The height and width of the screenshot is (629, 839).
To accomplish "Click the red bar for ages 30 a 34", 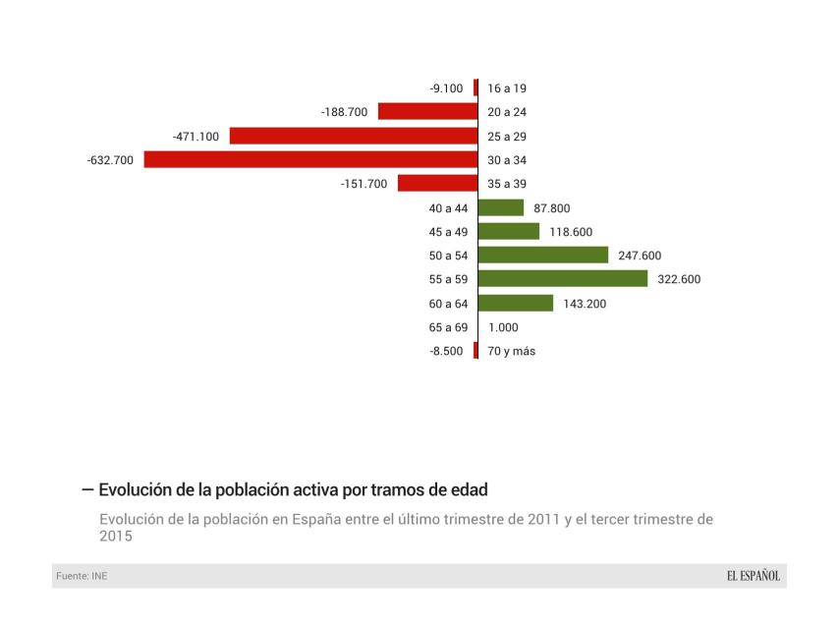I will coord(310,159).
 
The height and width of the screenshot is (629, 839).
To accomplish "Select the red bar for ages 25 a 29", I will coord(354,136).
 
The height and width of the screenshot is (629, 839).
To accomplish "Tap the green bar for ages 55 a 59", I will coord(563,279).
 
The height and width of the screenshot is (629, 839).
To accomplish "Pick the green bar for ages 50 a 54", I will coord(543,256).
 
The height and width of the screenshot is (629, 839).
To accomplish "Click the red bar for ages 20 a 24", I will coord(427,112).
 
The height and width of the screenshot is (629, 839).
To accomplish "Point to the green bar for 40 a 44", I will coord(501,207).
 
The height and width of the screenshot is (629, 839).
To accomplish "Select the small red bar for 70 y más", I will coord(475,351).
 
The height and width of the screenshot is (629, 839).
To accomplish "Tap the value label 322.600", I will coord(679,279).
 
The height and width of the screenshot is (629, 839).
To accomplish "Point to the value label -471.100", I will coord(196,136).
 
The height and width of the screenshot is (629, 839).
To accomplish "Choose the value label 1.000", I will coord(503,327).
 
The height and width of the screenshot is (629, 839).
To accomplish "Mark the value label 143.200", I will coord(585,304).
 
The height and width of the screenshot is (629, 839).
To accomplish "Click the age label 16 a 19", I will coord(507,88).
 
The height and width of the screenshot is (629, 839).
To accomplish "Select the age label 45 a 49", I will coord(448,232).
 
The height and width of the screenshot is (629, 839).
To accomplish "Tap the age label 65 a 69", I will coord(448,327).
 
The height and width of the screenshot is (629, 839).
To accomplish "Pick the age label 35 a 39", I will coord(507,184).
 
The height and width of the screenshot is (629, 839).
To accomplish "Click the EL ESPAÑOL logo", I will coord(747,576).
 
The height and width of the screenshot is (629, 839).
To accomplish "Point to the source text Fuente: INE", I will coord(81,576).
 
